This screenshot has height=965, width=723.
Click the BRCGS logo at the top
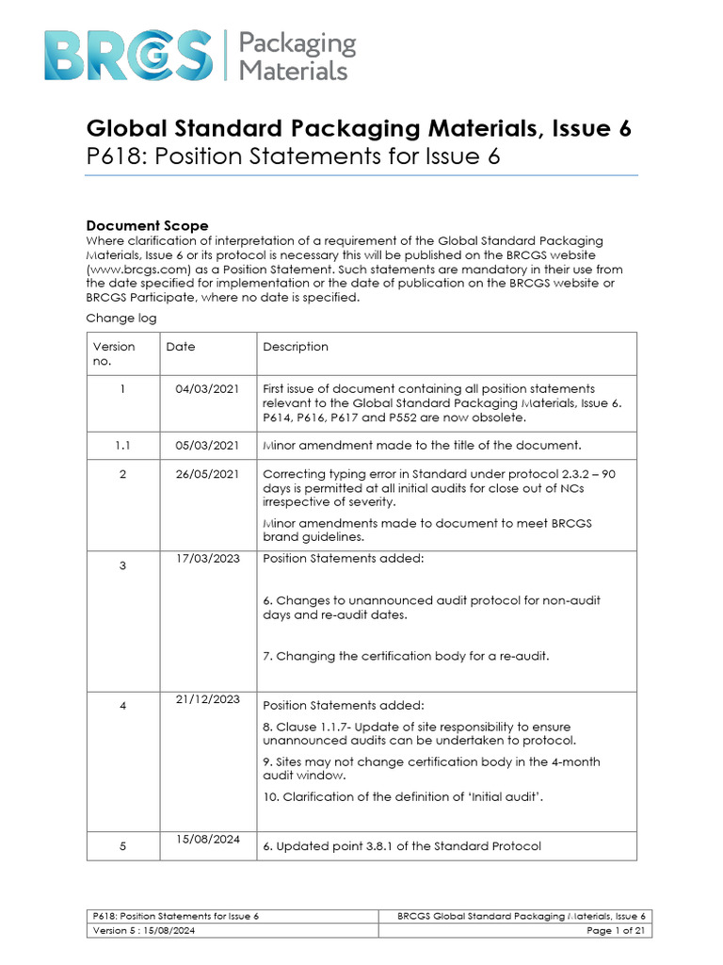pyautogui.click(x=128, y=55)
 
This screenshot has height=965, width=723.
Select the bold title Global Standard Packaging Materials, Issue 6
pyautogui.click(x=359, y=129)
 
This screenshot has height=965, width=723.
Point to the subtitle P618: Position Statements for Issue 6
pyautogui.click(x=293, y=157)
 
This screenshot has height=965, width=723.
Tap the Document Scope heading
pyautogui.click(x=147, y=225)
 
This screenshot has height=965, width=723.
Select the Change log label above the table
pyautogui.click(x=121, y=319)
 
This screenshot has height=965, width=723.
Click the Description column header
pyautogui.click(x=296, y=347)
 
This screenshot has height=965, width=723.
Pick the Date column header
pyautogui.click(x=181, y=347)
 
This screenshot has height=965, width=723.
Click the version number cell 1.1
pyautogui.click(x=122, y=445)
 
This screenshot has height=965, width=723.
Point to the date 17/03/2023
pyautogui.click(x=207, y=558)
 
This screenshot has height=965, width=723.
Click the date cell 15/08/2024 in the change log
pyautogui.click(x=207, y=839)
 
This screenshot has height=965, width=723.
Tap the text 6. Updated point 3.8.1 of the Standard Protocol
pyautogui.click(x=402, y=846)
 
